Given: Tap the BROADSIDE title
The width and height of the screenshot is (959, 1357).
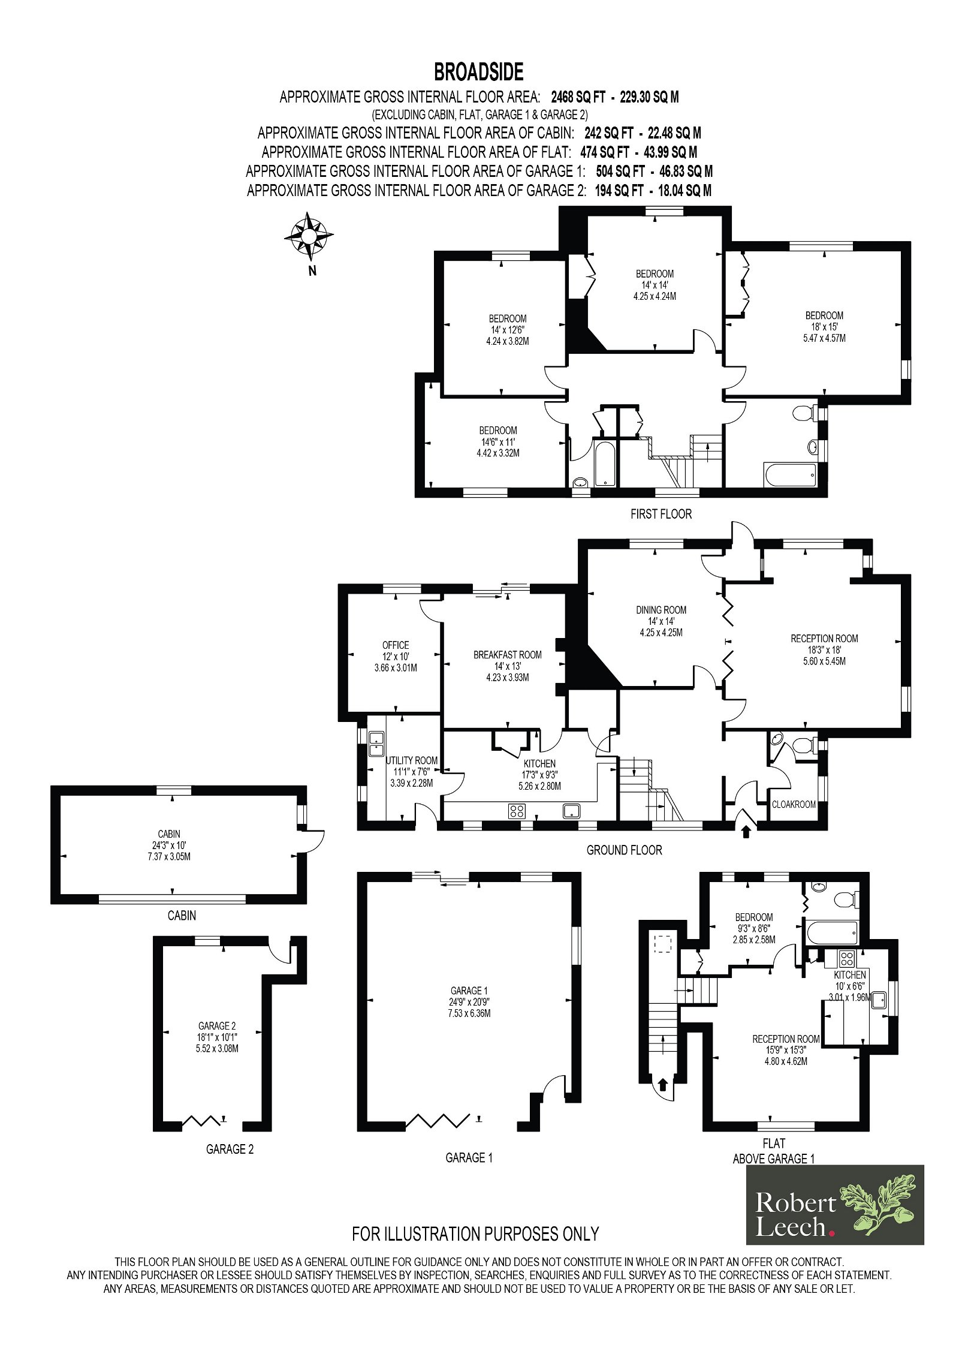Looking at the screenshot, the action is click(479, 72).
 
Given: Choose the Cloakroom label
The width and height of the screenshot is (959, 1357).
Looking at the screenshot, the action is click(794, 804).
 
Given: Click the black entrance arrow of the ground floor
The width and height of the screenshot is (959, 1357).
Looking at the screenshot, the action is click(746, 832).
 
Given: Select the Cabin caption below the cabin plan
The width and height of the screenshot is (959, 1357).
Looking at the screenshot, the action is click(182, 916).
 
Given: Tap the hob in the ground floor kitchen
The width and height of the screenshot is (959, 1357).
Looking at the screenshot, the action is click(517, 811).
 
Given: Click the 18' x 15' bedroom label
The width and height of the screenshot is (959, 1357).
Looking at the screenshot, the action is click(824, 326).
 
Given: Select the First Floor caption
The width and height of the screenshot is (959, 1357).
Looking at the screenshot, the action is click(661, 514).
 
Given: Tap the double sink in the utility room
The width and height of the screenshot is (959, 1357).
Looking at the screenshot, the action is click(376, 744).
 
